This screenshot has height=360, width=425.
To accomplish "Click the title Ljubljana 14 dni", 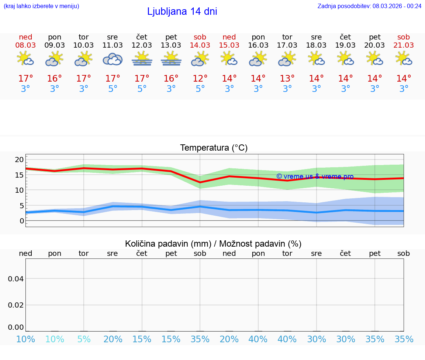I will click(x=182, y=11).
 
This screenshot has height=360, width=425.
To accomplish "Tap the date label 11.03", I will click(x=113, y=45).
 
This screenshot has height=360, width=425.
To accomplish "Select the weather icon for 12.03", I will click(x=142, y=59).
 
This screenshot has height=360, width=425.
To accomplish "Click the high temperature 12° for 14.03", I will click(x=200, y=79).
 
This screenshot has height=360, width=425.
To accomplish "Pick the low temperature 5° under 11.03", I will click(x=113, y=89).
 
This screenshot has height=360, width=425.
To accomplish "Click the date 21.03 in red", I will click(x=403, y=45).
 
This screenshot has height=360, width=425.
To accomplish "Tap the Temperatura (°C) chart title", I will click(x=214, y=148).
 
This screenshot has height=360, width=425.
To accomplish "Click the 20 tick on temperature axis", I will click(x=19, y=160).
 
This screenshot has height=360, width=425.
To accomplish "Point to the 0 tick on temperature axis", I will click(x=22, y=221).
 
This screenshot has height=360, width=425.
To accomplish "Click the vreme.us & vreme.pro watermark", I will click(x=315, y=176).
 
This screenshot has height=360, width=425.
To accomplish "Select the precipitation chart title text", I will click(x=213, y=244).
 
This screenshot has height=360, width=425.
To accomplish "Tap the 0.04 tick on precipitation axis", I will click(x=16, y=279).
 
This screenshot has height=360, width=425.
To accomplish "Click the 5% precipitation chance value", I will click(x=84, y=339).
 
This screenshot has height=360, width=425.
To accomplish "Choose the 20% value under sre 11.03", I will click(x=113, y=339).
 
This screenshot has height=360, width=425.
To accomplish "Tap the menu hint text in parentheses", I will click(x=41, y=6).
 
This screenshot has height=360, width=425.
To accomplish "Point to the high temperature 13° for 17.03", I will click(x=287, y=79).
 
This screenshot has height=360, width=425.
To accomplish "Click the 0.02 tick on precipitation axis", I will click(x=16, y=305).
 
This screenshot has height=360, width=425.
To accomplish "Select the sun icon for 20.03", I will click(x=374, y=59).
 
